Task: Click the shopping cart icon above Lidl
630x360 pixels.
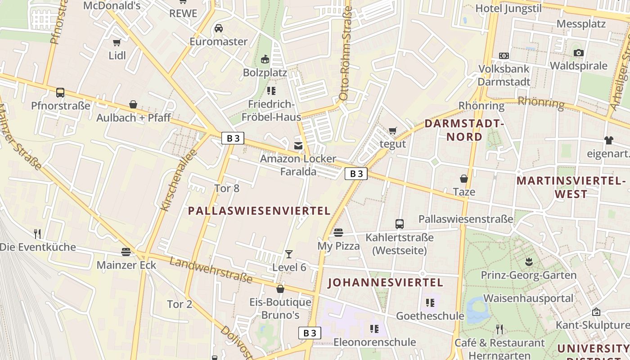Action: coord(117,42)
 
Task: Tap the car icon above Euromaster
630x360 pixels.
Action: coord(219,28)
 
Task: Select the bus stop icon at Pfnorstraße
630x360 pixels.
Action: coord(60,93)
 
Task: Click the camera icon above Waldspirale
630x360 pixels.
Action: coord(579,53)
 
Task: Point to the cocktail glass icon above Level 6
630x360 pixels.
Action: coord(289,254)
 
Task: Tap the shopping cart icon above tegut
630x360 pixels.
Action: coord(393,131)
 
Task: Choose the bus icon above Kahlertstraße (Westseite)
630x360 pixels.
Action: coord(399,224)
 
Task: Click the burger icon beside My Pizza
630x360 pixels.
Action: coord(338,233)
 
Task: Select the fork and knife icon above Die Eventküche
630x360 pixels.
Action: coord(37,234)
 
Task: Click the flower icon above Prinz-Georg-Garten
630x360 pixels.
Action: coord(529,262)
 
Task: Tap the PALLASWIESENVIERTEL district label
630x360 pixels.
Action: coord(259,211)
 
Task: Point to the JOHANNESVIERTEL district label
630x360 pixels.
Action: coord(386,283)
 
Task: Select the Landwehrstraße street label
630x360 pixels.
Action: coord(211,270)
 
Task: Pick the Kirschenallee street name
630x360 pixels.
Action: coord(180,180)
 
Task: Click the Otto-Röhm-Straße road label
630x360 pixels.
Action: coord(345,53)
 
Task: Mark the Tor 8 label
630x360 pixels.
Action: coord(227,188)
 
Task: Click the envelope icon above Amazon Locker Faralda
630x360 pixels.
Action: coord(298,145)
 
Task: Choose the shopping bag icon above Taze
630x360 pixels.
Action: coord(464,179)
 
